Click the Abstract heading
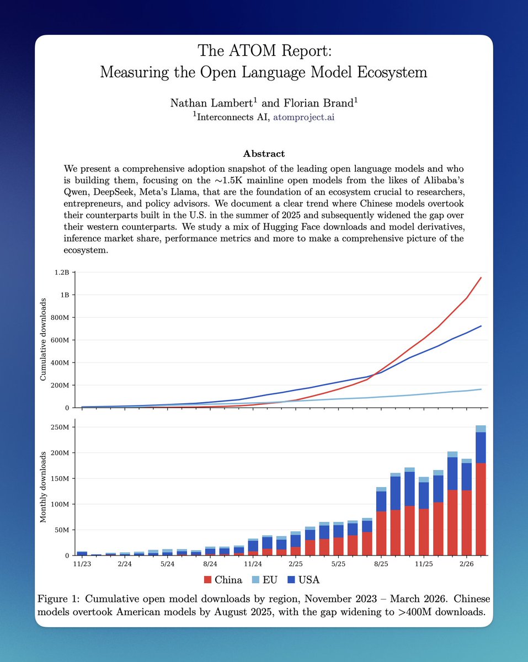[x=264, y=153]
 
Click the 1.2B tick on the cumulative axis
[x=61, y=272]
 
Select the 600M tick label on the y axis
[x=58, y=340]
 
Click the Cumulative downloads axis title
[x=43, y=339]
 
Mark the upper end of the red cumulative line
[x=481, y=277]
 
